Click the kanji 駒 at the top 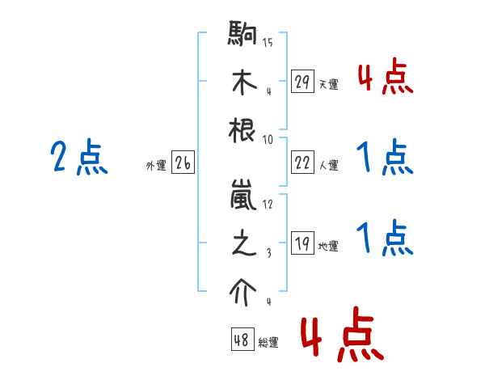point(244,37)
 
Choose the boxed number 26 point(183,163)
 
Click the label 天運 point(328,84)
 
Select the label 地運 point(328,247)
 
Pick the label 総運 point(268,343)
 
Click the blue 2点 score point(79,158)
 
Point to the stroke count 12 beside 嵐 point(268,205)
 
